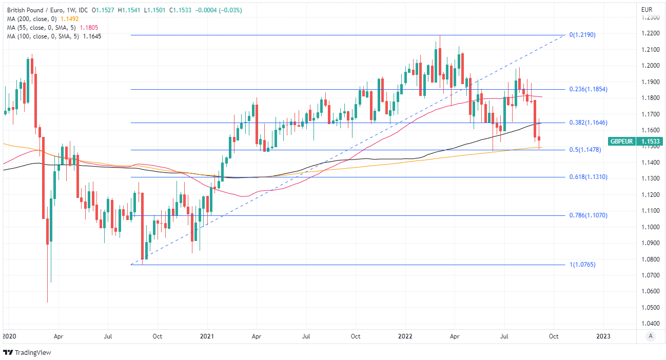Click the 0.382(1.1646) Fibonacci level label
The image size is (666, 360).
click(x=588, y=123)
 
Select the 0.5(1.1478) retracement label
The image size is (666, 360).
click(x=585, y=150)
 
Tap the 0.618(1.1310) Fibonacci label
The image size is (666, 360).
click(x=588, y=177)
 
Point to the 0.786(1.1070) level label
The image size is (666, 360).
click(x=588, y=215)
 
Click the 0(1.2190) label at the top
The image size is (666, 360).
click(x=582, y=35)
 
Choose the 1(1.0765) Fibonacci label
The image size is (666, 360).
click(x=582, y=265)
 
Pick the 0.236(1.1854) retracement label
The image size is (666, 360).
click(x=588, y=89)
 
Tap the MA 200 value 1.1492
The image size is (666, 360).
click(x=69, y=18)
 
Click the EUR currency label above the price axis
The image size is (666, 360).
click(x=647, y=10)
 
